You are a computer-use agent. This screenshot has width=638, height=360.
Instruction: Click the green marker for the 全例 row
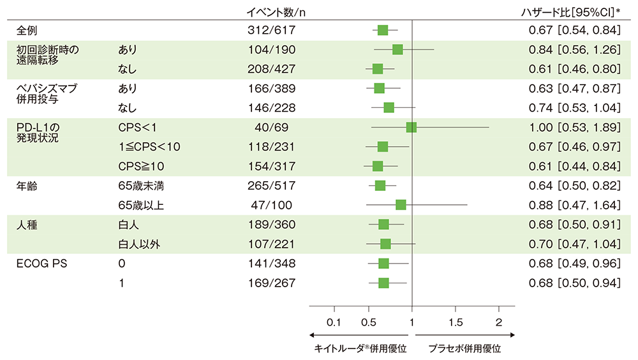click(383, 30)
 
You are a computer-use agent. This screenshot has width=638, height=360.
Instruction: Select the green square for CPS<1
click(411, 128)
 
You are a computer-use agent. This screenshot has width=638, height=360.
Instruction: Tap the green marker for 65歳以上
click(401, 205)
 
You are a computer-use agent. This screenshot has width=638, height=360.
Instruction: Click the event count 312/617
click(272, 30)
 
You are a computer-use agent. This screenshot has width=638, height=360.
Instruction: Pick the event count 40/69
click(272, 128)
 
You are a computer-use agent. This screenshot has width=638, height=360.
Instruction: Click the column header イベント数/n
click(279, 11)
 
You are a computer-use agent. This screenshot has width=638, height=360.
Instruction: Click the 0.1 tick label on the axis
click(334, 321)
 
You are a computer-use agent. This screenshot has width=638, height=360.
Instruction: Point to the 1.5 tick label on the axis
click(456, 321)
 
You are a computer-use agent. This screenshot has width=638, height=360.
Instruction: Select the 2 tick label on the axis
click(499, 321)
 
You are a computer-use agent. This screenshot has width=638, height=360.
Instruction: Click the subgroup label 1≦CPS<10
click(149, 147)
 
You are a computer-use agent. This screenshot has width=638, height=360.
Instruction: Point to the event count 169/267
click(272, 283)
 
